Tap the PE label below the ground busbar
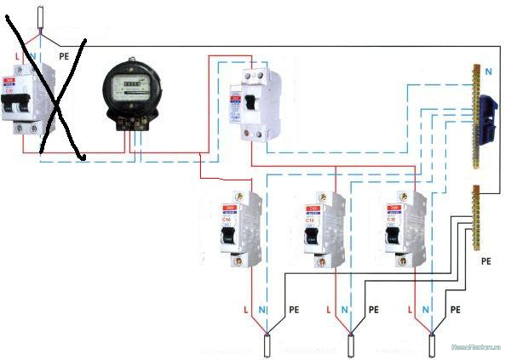click(x=486, y=260)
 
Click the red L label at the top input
click(x=19, y=54)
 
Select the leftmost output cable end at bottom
click(x=269, y=346)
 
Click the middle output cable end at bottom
click(x=352, y=346)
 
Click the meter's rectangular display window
click(x=129, y=84)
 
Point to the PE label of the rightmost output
click(x=455, y=310)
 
